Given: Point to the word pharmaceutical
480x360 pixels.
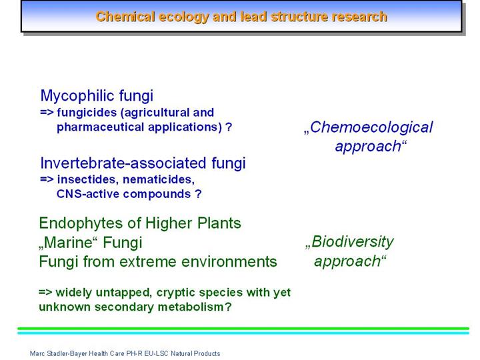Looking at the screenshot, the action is click(x=100, y=127).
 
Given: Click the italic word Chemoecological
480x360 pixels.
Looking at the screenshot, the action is click(x=371, y=127).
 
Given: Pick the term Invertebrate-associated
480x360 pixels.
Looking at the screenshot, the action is click(x=123, y=163).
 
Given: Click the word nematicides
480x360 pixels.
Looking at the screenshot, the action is click(x=158, y=180).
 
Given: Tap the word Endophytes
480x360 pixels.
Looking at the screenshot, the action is click(x=81, y=223).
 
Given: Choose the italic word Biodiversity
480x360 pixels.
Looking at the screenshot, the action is click(x=353, y=242).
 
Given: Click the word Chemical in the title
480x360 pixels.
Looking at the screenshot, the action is click(x=125, y=17).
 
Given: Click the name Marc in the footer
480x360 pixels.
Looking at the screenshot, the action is click(x=35, y=353).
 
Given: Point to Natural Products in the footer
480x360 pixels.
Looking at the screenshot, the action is click(x=195, y=353).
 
